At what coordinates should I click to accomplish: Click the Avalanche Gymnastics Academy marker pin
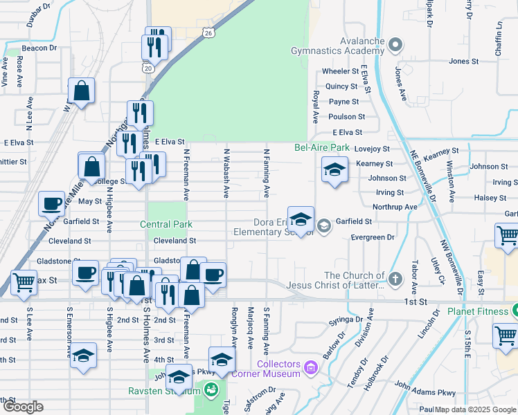click(x=395, y=46)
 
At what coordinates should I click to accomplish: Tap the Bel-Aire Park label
click(x=322, y=147)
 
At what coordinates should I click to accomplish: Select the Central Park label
click(x=166, y=225)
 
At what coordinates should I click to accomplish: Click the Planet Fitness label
click(x=478, y=311)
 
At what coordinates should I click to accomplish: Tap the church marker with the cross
click(x=395, y=280)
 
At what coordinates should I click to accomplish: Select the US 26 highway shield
click(x=208, y=33)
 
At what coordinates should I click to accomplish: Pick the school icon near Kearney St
click(x=334, y=170)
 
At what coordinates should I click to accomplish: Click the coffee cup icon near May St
click(x=51, y=204)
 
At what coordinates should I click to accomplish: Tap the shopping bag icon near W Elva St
click(x=82, y=91)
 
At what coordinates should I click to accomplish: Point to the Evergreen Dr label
click(x=373, y=237)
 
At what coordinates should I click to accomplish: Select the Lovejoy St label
click(x=373, y=149)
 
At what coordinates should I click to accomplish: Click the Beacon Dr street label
click(x=39, y=48)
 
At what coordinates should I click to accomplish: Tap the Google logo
click(x=23, y=407)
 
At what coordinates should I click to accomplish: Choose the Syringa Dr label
click(x=346, y=320)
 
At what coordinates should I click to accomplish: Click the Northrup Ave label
click(x=395, y=207)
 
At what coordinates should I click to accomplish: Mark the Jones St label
click(x=459, y=62)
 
